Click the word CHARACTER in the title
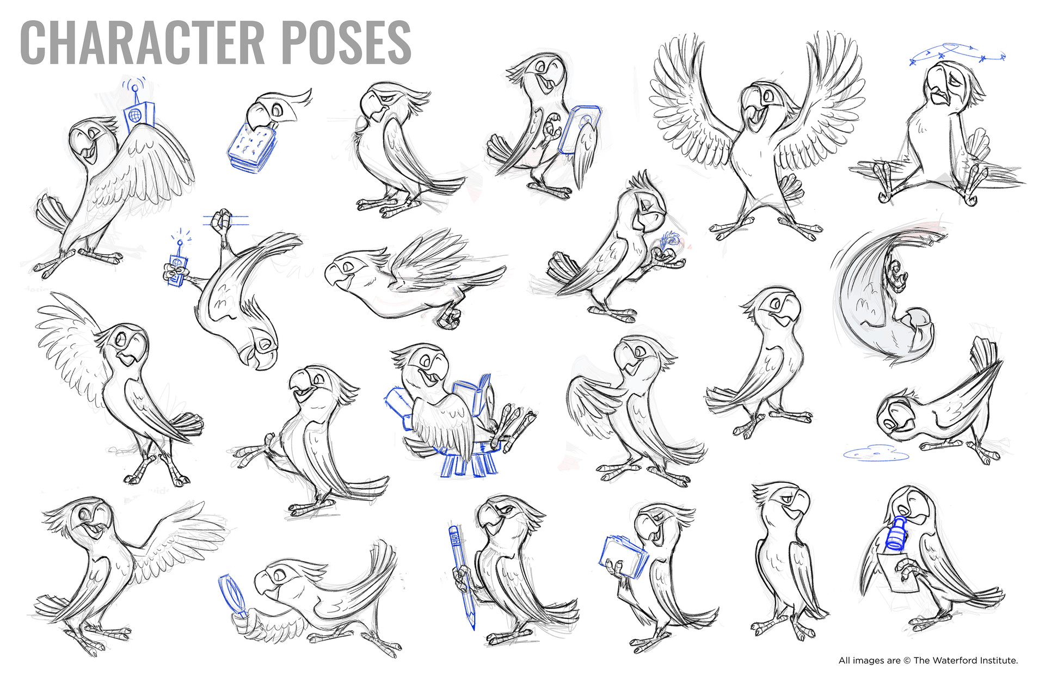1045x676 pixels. point(142,42)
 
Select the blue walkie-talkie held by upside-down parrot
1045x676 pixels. point(177,269)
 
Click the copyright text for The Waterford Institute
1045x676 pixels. point(928,660)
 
